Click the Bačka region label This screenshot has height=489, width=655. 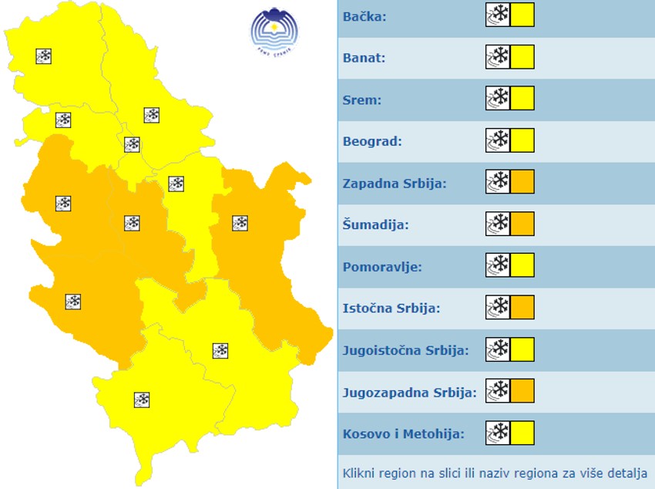coord(364,16)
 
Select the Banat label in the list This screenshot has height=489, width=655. coord(364,58)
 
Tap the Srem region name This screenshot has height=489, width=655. coord(362,99)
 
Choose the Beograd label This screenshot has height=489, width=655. coord(372,141)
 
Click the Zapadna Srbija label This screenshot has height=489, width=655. coord(395,184)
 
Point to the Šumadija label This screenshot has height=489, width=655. coord(375,225)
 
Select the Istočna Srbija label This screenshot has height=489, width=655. coord(391,309)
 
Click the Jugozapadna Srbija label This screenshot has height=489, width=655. coord(409,392)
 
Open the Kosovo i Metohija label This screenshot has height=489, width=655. coord(403,433)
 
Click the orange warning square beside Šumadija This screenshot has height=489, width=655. coord(522,224)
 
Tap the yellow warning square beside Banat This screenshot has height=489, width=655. coord(522,57)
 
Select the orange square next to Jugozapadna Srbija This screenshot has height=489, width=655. coord(522,391)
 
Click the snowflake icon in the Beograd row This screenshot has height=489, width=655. coord(498,140)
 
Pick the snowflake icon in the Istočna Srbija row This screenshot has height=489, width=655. coord(498,308)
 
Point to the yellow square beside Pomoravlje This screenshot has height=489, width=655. coord(522,266)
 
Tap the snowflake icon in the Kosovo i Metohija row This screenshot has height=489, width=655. coord(498,433)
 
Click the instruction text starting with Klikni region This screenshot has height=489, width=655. coord(495,472)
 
